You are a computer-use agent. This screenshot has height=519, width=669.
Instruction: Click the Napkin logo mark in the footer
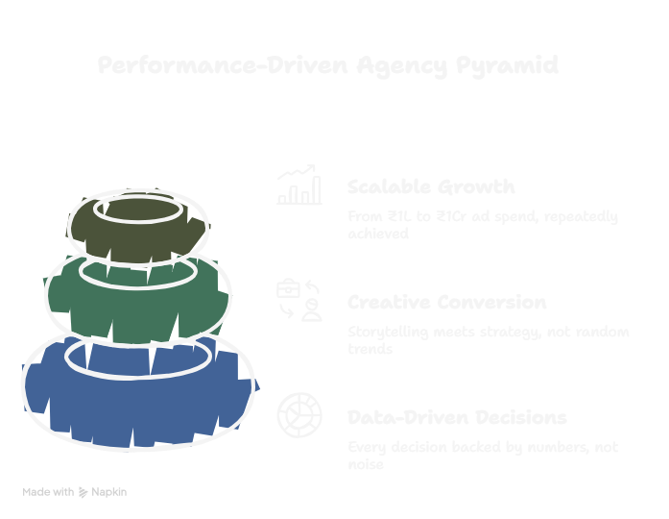click(x=84, y=492)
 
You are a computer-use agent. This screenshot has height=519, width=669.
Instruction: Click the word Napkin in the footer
click(x=109, y=492)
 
